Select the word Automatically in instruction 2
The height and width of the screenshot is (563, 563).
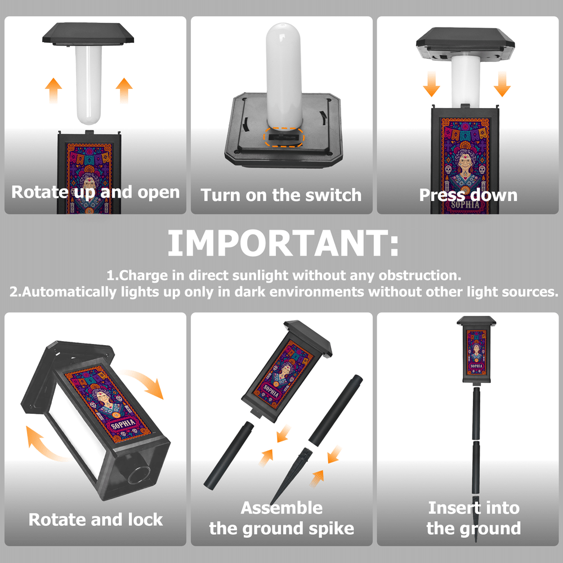[x=69, y=292]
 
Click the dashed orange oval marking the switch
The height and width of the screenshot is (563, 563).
[x=284, y=137]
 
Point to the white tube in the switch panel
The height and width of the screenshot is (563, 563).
[x=284, y=75]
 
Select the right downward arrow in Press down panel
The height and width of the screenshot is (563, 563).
[x=502, y=84]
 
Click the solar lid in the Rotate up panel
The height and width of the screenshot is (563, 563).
[x=88, y=34]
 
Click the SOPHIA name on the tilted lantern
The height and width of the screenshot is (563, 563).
[x=123, y=425]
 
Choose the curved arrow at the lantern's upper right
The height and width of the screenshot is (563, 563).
[x=144, y=383]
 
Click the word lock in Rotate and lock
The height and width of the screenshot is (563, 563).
[x=145, y=520]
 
